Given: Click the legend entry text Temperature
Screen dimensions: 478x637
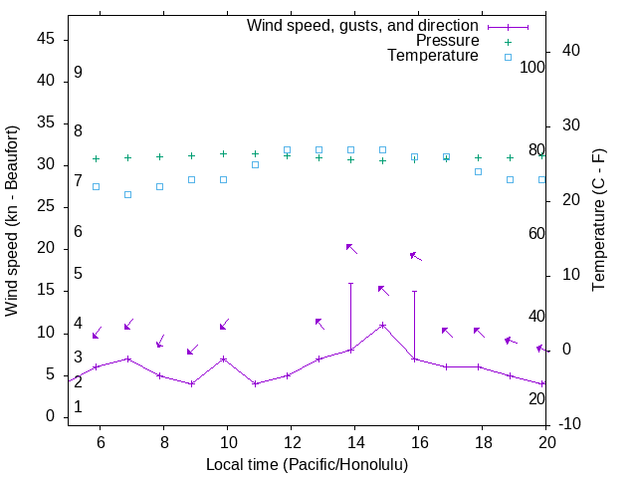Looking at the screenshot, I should [x=433, y=56].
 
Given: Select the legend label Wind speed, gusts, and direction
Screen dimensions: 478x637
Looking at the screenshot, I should [x=363, y=25].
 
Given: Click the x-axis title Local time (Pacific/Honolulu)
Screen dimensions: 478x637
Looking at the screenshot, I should [x=307, y=464].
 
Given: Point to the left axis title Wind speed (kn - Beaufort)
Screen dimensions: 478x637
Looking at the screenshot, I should [x=12, y=221].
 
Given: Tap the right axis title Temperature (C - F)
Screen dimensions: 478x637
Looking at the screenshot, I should [x=598, y=221].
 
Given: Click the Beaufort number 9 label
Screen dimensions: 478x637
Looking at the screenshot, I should [x=78, y=73].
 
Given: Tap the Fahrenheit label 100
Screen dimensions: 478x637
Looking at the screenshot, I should [x=532, y=67].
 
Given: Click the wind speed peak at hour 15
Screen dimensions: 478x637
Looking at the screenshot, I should [x=382, y=325].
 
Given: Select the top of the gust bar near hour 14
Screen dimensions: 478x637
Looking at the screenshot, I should [x=350, y=283].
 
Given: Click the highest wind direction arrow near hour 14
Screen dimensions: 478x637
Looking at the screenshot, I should [x=350, y=248].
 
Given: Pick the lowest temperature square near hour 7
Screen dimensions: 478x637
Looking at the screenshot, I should [x=127, y=194].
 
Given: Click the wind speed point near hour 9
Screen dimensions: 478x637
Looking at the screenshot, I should [x=191, y=383].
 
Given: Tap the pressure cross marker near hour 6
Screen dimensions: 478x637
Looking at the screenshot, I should [x=96, y=158].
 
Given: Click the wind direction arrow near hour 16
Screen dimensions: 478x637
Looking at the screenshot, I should [x=415, y=256].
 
